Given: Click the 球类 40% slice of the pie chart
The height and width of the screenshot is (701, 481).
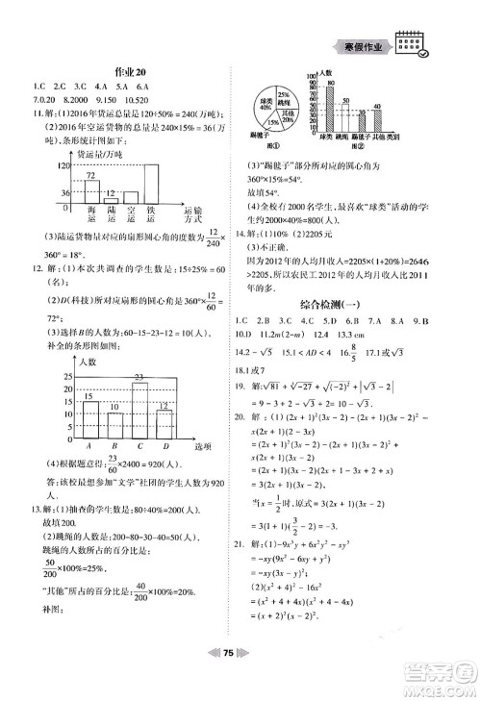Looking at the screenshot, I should [x=266, y=101].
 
